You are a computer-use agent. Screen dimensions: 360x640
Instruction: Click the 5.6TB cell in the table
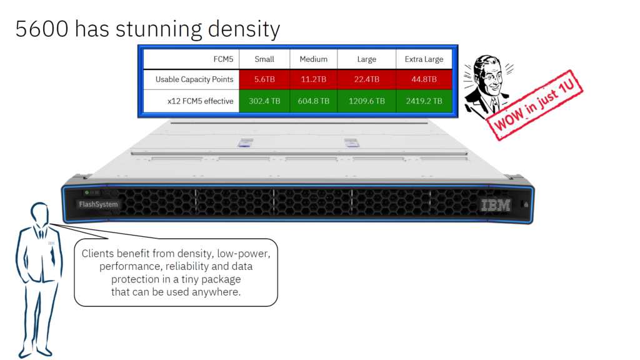pos(264,79)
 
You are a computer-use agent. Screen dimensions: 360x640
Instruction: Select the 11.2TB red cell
pos(313,79)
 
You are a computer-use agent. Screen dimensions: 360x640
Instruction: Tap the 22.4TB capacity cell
pos(366,79)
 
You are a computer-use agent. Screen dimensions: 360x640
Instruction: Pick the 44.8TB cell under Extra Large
pos(424,79)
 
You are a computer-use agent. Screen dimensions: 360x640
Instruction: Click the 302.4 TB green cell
pos(264,101)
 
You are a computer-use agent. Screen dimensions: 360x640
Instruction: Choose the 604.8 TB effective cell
pos(313,101)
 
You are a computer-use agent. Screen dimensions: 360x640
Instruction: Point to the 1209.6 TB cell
pos(366,101)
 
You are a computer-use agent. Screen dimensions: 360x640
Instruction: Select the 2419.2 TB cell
pos(424,101)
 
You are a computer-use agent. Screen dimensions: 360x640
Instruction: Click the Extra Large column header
pos(424,59)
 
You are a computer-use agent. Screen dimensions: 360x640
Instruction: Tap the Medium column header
pos(313,59)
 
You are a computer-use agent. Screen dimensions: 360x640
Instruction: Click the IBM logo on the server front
pos(496,204)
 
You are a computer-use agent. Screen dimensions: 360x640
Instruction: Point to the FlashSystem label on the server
pos(98,204)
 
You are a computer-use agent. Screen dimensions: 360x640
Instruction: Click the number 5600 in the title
pos(41,29)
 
